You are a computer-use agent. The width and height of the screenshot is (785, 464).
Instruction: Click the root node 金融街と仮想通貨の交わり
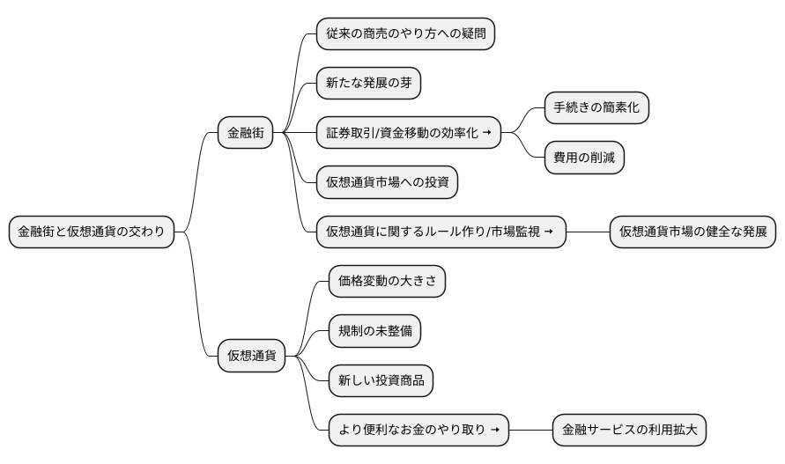tap(92, 232)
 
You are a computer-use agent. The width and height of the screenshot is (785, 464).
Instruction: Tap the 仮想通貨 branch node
tap(251, 356)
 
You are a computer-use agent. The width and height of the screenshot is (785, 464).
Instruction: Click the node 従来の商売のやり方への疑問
tap(404, 35)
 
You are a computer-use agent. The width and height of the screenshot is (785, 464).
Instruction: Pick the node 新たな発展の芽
tap(368, 85)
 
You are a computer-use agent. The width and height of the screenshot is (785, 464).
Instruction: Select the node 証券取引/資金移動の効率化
tap(408, 134)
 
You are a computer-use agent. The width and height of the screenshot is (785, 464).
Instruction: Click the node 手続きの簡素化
tap(596, 108)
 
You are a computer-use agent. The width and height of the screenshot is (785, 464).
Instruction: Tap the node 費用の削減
tap(583, 158)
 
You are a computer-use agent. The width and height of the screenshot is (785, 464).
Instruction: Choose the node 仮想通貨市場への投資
tap(387, 183)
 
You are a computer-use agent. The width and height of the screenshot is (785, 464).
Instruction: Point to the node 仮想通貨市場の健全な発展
tap(692, 232)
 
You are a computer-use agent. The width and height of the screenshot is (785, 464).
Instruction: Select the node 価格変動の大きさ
tap(387, 282)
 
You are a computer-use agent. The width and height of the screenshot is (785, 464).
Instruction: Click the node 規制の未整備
tap(374, 331)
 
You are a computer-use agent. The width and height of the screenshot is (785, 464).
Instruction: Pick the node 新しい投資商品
tap(381, 380)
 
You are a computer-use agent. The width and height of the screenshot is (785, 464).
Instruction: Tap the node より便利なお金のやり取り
tap(418, 430)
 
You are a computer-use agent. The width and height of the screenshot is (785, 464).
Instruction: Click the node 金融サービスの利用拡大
tap(629, 430)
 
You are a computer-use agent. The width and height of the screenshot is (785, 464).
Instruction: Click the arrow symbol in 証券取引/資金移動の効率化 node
tap(486, 134)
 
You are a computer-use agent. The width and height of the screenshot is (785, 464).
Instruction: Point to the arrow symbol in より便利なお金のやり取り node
tap(495, 430)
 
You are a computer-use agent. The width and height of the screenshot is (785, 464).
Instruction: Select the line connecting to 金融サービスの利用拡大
tap(531, 430)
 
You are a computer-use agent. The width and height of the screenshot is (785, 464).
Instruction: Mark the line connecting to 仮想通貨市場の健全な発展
tap(588, 232)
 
